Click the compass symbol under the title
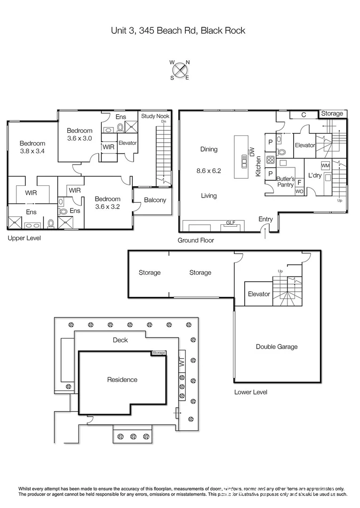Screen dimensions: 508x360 tap(180, 70)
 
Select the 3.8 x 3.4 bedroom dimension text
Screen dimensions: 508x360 tap(32, 151)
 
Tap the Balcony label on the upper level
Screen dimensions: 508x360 tap(155, 200)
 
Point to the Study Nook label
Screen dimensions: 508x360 tap(155, 116)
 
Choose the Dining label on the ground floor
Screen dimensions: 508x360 tap(209, 150)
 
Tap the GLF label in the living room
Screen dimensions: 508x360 tap(231, 222)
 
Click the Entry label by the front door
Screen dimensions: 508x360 tap(265, 219)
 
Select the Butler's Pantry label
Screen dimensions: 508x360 tap(285, 182)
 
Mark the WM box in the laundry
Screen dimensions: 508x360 tap(325, 166)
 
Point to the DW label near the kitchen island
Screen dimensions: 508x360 tap(252, 151)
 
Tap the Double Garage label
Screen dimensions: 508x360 tap(277, 347)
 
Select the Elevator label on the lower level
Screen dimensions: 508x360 tap(259, 294)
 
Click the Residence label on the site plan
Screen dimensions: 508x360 tap(122, 380)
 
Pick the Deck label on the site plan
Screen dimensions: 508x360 tap(120, 340)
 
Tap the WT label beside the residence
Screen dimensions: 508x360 tap(181, 363)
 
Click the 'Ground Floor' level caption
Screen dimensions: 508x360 tap(195, 240)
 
